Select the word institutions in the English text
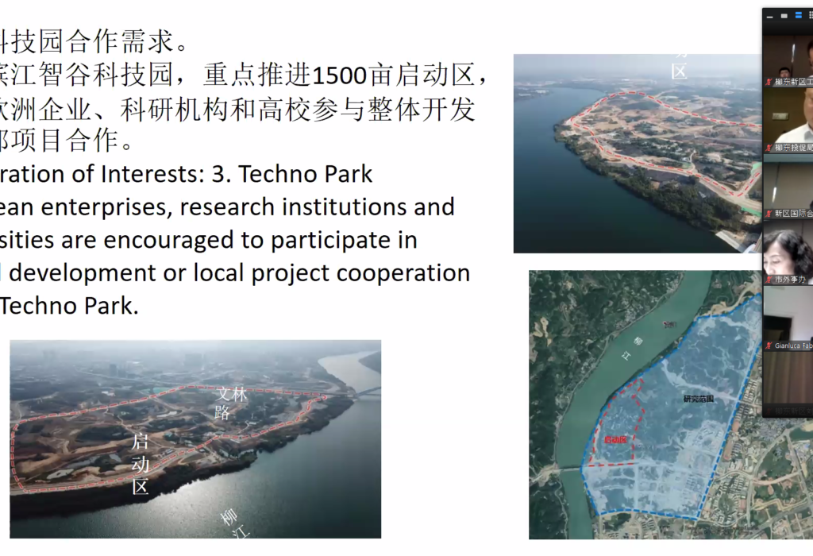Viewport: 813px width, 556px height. pos(382,207)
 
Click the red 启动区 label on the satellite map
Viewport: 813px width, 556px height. pos(615,439)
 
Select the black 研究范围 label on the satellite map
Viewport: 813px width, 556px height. pos(698,398)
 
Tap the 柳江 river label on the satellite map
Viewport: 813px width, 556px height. pos(640,347)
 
